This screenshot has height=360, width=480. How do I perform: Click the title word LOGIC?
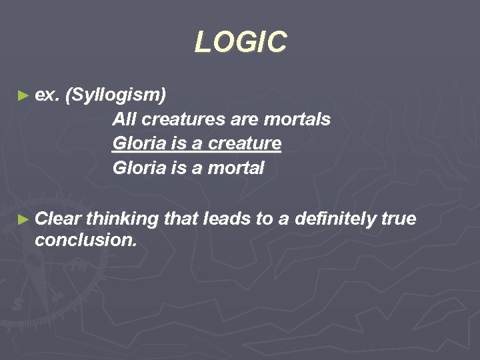click(240, 43)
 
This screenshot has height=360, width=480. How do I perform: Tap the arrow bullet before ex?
click(24, 96)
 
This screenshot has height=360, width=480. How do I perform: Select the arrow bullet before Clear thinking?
click(24, 219)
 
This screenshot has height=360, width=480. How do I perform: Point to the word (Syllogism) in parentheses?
click(117, 95)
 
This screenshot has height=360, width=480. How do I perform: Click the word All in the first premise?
click(124, 119)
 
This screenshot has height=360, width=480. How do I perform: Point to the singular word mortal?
click(236, 168)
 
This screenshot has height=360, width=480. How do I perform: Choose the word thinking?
click(121, 218)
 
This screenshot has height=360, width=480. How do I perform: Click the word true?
click(399, 218)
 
